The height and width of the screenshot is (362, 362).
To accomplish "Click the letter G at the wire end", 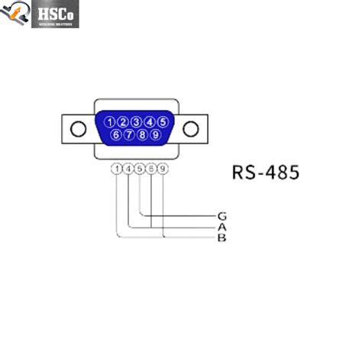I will [x=222, y=216].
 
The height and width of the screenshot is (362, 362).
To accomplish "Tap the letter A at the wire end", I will [x=222, y=227].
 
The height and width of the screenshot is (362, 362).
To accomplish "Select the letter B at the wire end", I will [x=222, y=238].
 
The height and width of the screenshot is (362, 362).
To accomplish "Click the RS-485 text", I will [x=265, y=172].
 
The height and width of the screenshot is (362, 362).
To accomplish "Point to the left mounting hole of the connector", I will [x=78, y=128].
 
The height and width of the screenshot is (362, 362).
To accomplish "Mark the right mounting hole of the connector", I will [x=194, y=128].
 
